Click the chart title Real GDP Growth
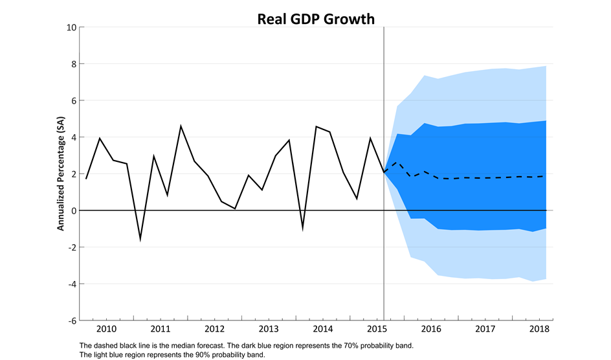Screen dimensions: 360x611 pyautogui.click(x=316, y=19)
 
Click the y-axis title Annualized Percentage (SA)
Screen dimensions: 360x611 pyautogui.click(x=61, y=174)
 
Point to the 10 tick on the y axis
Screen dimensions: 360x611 pyautogui.click(x=70, y=27)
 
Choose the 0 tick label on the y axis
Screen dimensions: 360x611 pyautogui.click(x=72, y=211)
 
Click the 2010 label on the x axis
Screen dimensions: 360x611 pyautogui.click(x=106, y=329)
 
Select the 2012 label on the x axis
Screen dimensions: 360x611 pyautogui.click(x=214, y=329)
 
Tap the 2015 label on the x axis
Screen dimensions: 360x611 pyautogui.click(x=377, y=329)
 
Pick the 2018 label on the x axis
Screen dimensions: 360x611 pyautogui.click(x=539, y=329)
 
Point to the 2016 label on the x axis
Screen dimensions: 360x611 pyautogui.click(x=431, y=329)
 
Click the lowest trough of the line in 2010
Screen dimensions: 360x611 pyautogui.click(x=140, y=239)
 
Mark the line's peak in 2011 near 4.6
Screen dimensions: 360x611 pyautogui.click(x=181, y=126)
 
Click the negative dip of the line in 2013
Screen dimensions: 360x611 pyautogui.click(x=302, y=229)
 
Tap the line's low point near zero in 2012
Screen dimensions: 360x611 pyautogui.click(x=234, y=208)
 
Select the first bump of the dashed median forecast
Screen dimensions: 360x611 pyautogui.click(x=397, y=163)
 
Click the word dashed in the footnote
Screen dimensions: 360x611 pyautogui.click(x=103, y=345)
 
